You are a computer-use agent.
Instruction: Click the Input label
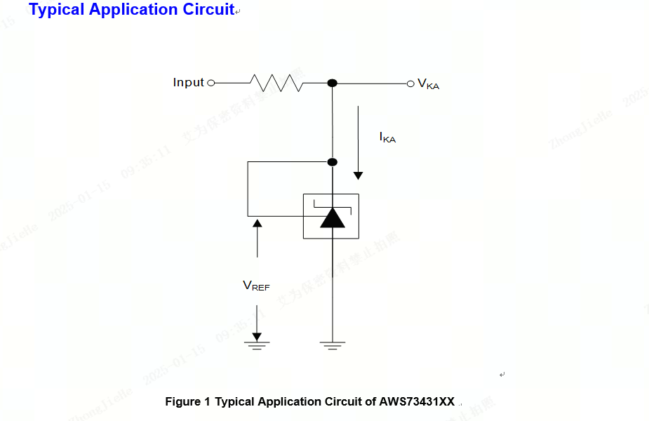(x=188, y=83)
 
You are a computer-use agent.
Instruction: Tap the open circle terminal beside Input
(x=211, y=83)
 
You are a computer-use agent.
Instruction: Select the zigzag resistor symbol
(x=276, y=83)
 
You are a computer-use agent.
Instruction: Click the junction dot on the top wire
(x=333, y=83)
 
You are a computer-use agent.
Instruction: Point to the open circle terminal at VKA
(x=410, y=83)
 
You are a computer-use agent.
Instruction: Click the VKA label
(x=428, y=84)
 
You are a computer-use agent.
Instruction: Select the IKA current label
(x=387, y=138)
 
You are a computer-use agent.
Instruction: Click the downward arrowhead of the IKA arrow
(x=359, y=174)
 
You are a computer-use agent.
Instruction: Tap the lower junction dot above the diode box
(x=333, y=162)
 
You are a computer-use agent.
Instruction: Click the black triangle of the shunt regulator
(x=333, y=218)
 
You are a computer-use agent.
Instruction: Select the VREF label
(x=256, y=286)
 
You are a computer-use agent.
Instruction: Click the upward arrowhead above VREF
(x=257, y=223)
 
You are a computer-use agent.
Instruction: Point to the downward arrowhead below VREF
(x=257, y=336)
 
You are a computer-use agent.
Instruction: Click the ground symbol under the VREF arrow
(x=257, y=345)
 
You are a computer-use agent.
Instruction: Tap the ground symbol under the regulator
(x=333, y=345)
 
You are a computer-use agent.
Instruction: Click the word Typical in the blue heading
(x=55, y=10)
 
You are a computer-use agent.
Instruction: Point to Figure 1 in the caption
(x=187, y=402)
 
